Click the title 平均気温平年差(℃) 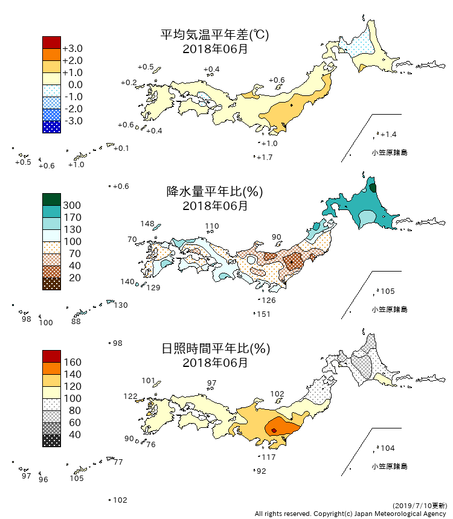point(214,35)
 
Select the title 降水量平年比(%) point(214,192)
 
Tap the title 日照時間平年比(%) point(214,349)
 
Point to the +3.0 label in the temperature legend point(72,48)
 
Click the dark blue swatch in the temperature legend point(51,127)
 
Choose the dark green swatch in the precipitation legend point(51,199)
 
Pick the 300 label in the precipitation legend point(72,205)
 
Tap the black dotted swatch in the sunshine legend point(51,441)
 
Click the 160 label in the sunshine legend point(72,362)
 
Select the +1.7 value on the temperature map point(265,158)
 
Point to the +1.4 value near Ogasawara point(388,134)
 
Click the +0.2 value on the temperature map point(129,82)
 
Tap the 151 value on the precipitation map point(263,314)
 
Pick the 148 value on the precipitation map point(147,224)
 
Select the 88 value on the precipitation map point(75,322)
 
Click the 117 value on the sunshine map point(268,457)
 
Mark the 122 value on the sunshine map point(130,396)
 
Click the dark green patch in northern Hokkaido point(373,188)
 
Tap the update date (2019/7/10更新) point(420,505)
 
